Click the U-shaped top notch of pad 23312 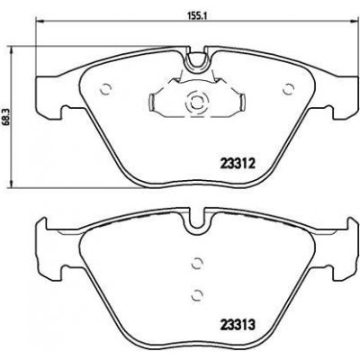pos(196,59)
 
